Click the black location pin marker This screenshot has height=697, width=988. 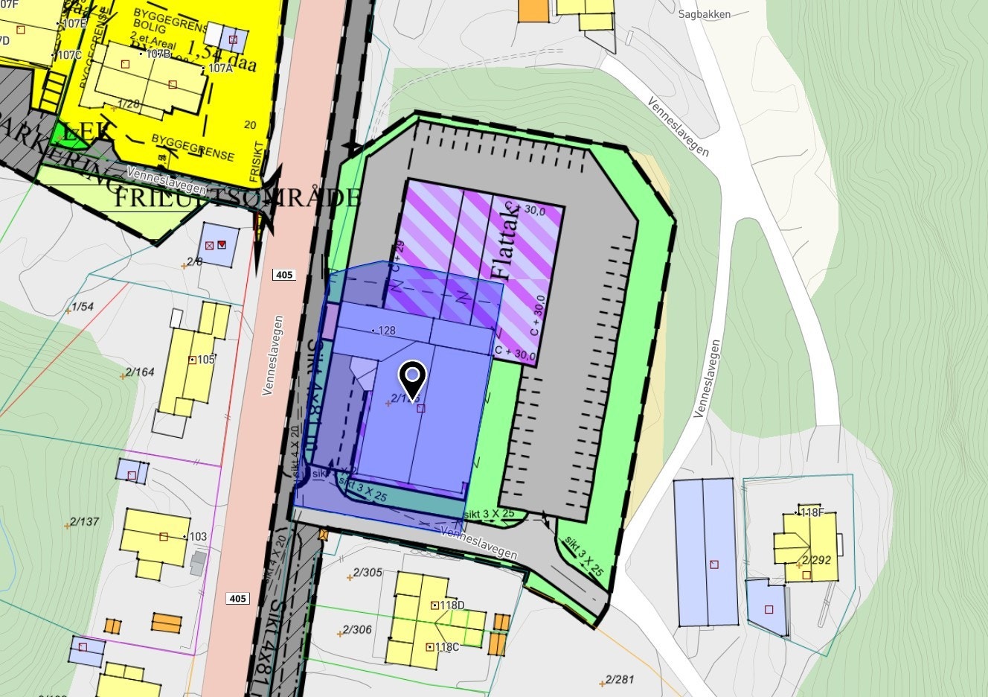point(412,377)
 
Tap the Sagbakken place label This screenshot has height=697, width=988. point(704,14)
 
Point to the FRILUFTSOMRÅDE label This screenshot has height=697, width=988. point(237,198)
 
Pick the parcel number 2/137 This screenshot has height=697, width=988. point(84,522)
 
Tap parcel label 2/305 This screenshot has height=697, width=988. point(368,573)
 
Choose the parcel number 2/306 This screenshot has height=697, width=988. point(356,630)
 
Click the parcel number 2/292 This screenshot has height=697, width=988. point(816,560)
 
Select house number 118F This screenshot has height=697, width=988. point(812,512)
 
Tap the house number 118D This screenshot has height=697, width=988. point(452,605)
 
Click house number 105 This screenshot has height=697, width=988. point(205,360)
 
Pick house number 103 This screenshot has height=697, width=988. point(198,537)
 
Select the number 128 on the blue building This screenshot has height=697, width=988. point(387,331)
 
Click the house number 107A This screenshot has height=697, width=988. point(220,69)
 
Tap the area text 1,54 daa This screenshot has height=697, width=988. point(222,57)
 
